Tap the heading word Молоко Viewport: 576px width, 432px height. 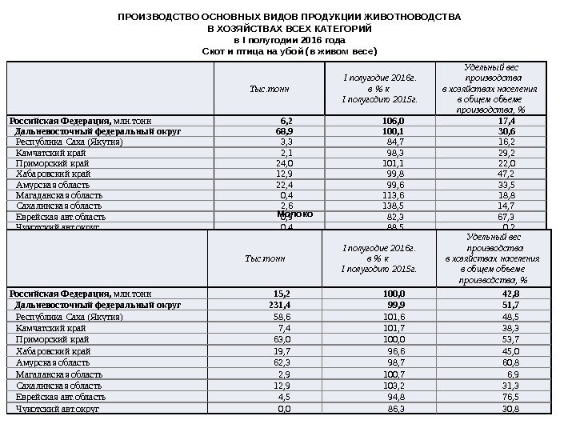294,214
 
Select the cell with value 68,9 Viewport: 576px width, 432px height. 284,130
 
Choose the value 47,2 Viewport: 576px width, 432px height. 506,173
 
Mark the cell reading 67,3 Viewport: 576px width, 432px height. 506,217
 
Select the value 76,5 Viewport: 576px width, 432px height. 510,397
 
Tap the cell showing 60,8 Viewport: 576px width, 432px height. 510,362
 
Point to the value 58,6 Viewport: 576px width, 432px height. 282,317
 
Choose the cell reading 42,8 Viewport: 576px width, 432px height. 510,294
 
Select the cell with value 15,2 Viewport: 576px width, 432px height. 282,294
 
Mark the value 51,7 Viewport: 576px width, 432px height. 510,305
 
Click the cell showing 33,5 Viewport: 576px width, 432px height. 506,184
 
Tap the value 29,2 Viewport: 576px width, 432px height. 506,152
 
